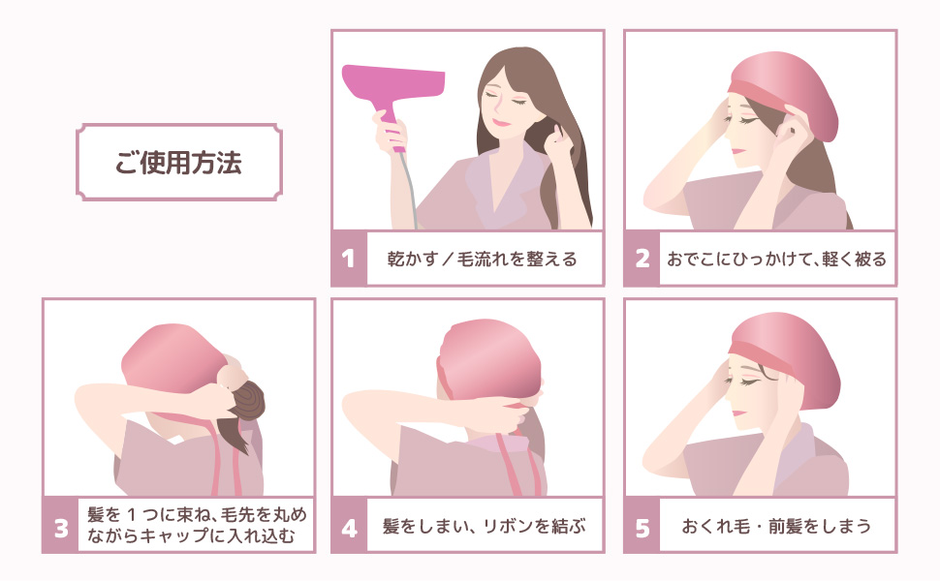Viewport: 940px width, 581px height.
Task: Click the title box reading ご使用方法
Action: pos(179,162)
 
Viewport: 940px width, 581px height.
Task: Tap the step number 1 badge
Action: pos(349,259)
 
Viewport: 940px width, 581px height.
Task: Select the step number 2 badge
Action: pos(642,259)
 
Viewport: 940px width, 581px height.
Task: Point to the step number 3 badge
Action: pos(60,527)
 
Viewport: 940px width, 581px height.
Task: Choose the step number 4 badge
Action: pos(349,527)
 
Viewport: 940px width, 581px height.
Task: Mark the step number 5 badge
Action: pos(642,527)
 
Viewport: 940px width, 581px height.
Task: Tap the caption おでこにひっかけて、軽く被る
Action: pos(776,259)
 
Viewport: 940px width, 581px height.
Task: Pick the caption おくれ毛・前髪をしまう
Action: pos(776,527)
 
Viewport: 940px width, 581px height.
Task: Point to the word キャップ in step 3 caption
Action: pos(193,536)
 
